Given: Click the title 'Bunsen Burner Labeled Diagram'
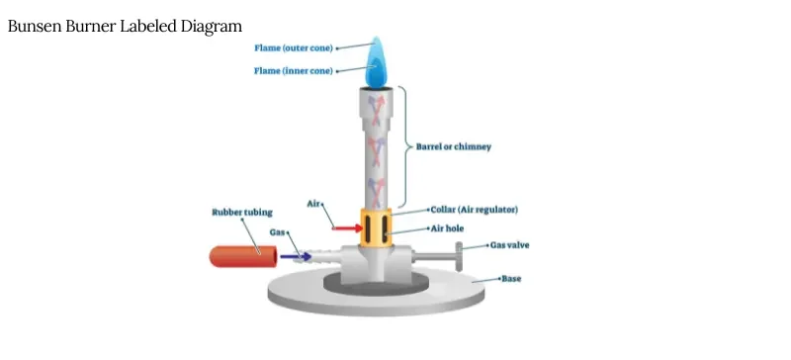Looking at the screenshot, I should point(125,26).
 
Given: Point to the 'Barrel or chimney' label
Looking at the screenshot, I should point(453,146).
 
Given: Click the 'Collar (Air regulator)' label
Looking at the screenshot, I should point(475,210).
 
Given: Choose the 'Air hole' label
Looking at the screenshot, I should point(452,227).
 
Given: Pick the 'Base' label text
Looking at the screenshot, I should point(510,279).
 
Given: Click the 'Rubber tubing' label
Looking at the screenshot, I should point(242,212).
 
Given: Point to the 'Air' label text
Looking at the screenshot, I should point(315,204).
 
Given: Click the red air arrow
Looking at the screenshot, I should point(345,228).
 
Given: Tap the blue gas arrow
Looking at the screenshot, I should point(295,256).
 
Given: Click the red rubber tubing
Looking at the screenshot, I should point(241,255).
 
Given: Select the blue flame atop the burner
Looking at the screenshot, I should point(377,63).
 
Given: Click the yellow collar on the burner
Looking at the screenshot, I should point(378,228).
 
